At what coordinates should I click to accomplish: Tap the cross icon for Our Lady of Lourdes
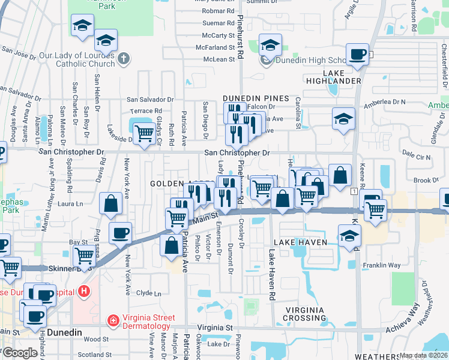[124, 59]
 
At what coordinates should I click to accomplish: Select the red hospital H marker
[84, 292]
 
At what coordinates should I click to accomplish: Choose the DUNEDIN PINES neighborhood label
[256, 98]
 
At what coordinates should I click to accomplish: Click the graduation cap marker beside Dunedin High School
[270, 45]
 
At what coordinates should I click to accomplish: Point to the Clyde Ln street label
[149, 293]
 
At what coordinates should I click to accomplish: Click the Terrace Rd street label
[146, 111]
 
